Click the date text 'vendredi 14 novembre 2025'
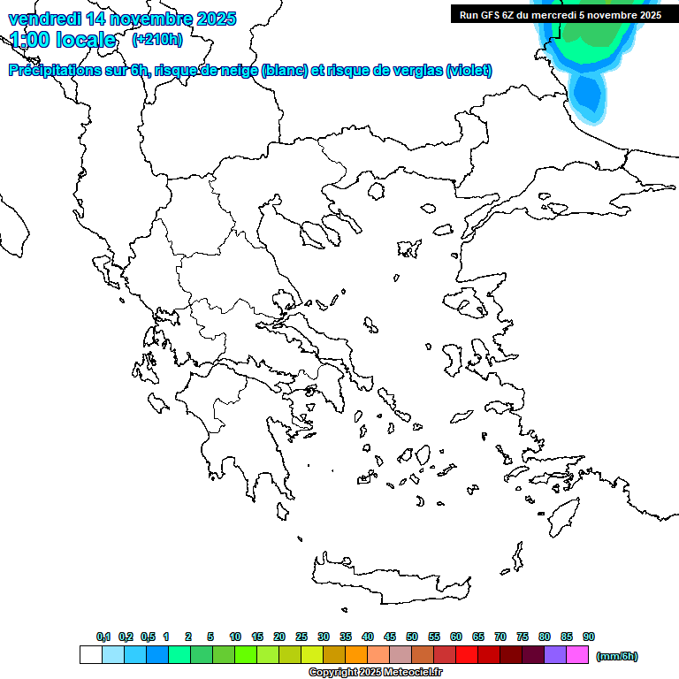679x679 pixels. pos(122,19)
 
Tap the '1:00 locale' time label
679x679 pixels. pos(63,40)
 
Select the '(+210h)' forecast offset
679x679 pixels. pos(157,39)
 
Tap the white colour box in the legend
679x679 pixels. pos(90,655)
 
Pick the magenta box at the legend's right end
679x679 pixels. pos(577,655)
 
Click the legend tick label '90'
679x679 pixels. pos(589,637)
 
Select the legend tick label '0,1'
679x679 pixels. pos(103,637)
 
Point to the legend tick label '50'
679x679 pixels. pos(412,637)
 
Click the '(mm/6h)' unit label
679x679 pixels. pos(617,656)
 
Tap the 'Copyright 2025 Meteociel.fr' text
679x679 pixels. pos(375,672)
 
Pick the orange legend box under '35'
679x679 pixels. pos(356,655)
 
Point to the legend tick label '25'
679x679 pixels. pos(301,637)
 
